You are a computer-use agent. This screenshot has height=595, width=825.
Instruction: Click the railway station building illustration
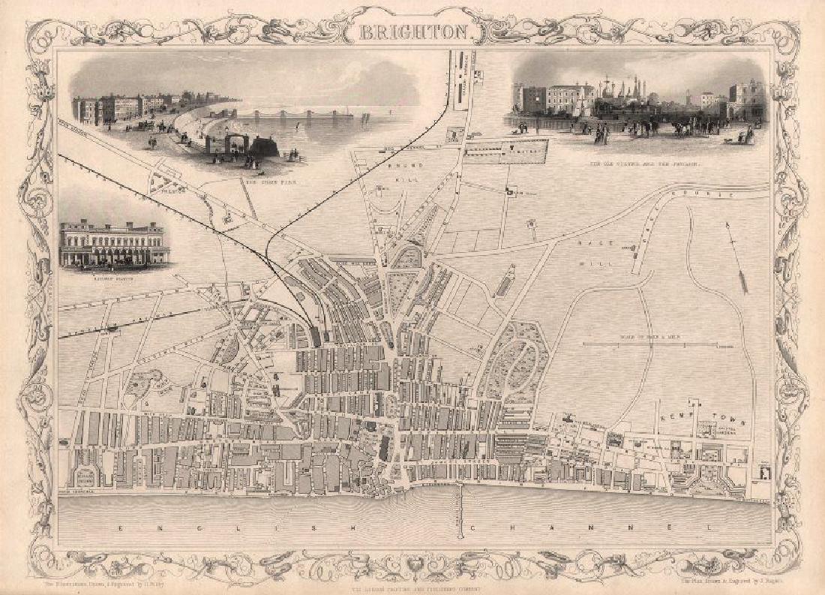(112, 243)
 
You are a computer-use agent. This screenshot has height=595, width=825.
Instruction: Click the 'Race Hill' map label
(605, 251)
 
